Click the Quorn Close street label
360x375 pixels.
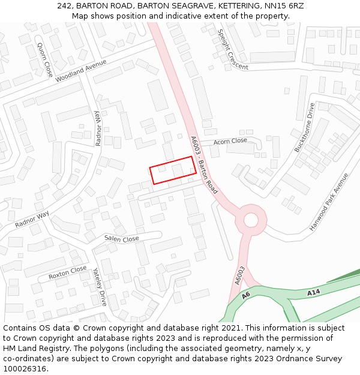[x=44, y=60]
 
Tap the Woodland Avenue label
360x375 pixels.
[x=80, y=71]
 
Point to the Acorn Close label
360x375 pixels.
[x=230, y=141]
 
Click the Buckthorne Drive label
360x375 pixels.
[x=304, y=127]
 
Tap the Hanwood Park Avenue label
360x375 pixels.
[x=329, y=202]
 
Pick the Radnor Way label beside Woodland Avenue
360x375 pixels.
[x=97, y=128]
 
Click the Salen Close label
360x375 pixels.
[x=122, y=239]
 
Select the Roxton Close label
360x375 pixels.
[x=68, y=273]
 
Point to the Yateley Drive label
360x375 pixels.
[x=100, y=287]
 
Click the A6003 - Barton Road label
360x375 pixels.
[x=203, y=164]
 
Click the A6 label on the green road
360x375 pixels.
[x=246, y=296]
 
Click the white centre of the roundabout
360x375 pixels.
[x=251, y=220]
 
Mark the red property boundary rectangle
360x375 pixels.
[x=173, y=170]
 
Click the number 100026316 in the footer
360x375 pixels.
[x=25, y=368]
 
